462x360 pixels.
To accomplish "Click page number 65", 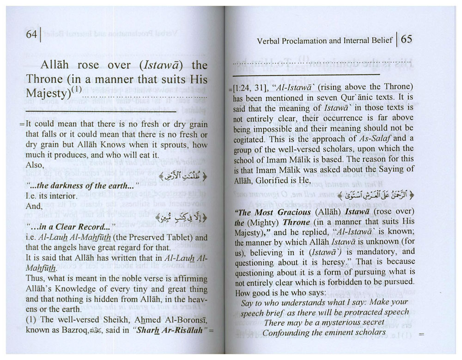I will (407, 40).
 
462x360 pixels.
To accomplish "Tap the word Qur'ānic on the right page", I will (360, 98).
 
